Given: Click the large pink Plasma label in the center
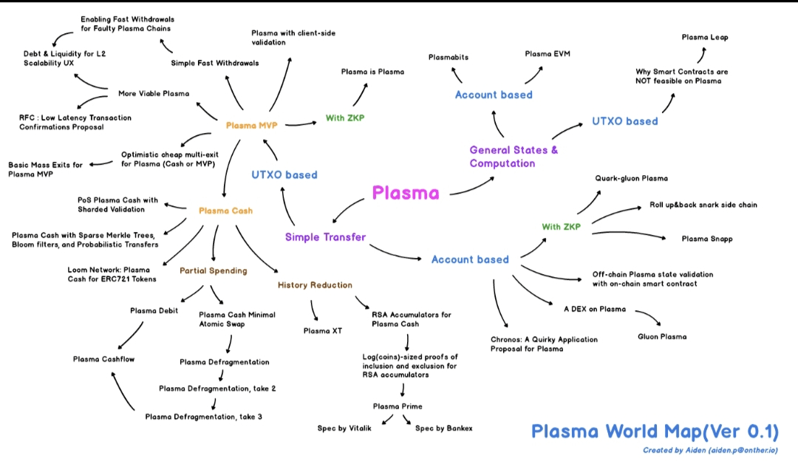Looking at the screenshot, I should (x=406, y=194).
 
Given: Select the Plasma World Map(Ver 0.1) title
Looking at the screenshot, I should (x=655, y=431).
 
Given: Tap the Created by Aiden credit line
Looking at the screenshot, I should (x=709, y=449).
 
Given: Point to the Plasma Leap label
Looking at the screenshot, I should (x=705, y=37).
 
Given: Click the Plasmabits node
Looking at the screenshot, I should (x=449, y=57).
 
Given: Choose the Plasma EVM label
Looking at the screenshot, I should (x=548, y=54).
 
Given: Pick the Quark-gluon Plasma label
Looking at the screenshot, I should (x=631, y=179).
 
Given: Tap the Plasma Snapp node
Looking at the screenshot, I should (x=707, y=239).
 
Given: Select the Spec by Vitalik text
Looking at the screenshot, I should (x=344, y=428).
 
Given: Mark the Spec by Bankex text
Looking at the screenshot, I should (x=443, y=428).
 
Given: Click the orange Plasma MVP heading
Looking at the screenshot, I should (x=251, y=126).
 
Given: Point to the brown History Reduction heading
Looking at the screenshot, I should (x=315, y=285).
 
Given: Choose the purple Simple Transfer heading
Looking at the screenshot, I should (x=325, y=237).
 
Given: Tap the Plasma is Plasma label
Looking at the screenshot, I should (x=372, y=72).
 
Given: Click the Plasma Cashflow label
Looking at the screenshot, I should (x=102, y=359).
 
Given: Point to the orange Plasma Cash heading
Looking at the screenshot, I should (x=225, y=211).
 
